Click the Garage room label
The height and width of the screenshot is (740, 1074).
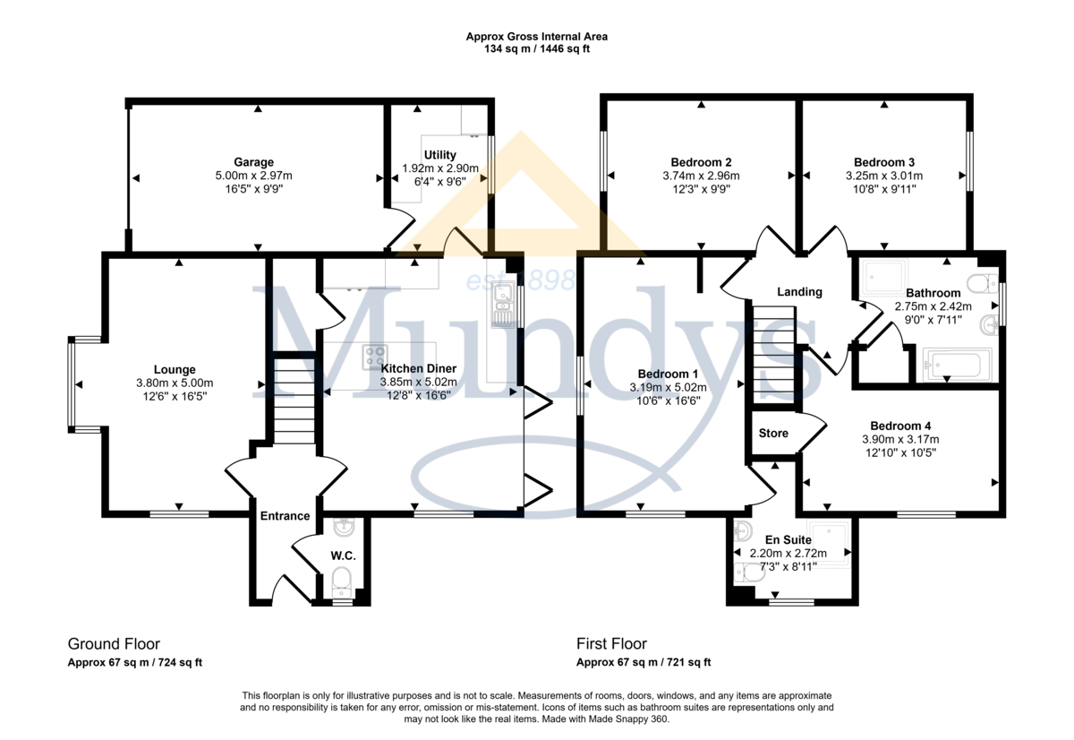(253, 162)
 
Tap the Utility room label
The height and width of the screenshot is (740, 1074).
(439, 155)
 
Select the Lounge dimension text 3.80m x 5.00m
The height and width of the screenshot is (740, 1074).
(175, 383)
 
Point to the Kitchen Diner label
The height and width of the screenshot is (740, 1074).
(418, 368)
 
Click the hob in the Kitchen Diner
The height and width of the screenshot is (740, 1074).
(374, 357)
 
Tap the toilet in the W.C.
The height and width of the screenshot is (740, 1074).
(341, 582)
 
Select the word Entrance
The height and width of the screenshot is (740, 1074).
(285, 516)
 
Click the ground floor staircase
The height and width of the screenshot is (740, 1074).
(294, 400)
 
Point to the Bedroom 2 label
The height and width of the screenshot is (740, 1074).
(701, 162)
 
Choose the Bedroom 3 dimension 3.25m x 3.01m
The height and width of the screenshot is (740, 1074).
(884, 176)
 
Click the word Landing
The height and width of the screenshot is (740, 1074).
(799, 292)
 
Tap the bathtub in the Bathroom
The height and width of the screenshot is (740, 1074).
(958, 365)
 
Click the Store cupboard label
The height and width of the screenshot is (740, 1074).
(773, 434)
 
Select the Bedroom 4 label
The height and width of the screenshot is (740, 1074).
(900, 426)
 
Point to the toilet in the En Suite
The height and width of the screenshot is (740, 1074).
(748, 572)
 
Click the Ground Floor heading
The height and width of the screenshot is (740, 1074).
(114, 643)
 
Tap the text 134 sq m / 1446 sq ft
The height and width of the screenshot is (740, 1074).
(536, 49)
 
